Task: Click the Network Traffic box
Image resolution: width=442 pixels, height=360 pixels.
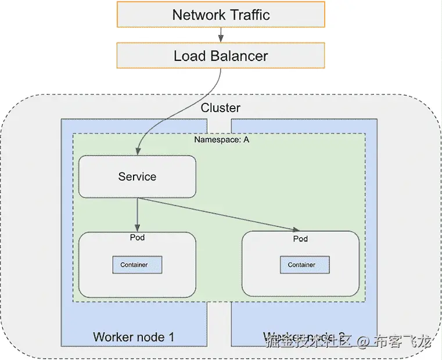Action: pyautogui.click(x=221, y=15)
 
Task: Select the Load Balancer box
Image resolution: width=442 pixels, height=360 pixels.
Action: pyautogui.click(x=221, y=56)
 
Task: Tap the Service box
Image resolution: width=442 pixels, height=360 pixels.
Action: pyautogui.click(x=137, y=177)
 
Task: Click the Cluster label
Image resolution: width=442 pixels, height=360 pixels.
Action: pyautogui.click(x=220, y=108)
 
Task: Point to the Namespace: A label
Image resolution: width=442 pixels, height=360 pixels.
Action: pyautogui.click(x=221, y=140)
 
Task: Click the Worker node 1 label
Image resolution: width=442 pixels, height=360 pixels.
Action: pyautogui.click(x=134, y=337)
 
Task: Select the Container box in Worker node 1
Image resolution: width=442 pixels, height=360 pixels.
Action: pyautogui.click(x=137, y=265)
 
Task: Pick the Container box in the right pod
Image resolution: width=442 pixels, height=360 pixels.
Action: pyautogui.click(x=301, y=265)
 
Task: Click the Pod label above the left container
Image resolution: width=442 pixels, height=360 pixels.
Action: pyautogui.click(x=137, y=237)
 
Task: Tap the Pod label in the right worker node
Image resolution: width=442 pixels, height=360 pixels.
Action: pyautogui.click(x=300, y=239)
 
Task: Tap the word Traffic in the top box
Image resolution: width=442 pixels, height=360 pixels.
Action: pyautogui.click(x=248, y=15)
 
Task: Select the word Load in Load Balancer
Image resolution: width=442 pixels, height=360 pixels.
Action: pyautogui.click(x=187, y=56)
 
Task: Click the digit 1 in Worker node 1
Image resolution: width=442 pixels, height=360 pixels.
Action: pyautogui.click(x=171, y=337)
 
